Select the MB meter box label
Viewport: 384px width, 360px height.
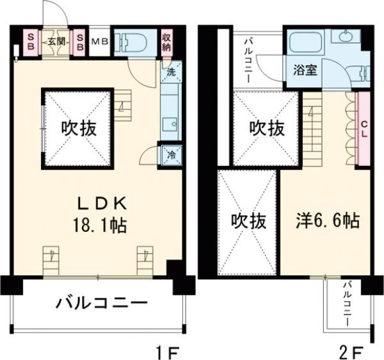(99, 42)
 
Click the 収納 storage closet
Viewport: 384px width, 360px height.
(166, 42)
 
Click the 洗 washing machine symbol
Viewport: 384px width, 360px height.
(170, 73)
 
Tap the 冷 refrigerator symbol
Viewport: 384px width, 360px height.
(171, 155)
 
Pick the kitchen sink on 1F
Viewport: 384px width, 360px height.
(170, 124)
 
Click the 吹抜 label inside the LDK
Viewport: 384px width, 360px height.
(79, 128)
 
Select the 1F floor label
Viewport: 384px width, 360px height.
(167, 351)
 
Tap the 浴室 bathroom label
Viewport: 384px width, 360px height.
(305, 70)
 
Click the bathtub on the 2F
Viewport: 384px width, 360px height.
(306, 44)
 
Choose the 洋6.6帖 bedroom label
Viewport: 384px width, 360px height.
(327, 221)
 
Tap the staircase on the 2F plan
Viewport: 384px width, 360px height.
(312, 128)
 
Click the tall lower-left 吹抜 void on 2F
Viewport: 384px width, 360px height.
(246, 221)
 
